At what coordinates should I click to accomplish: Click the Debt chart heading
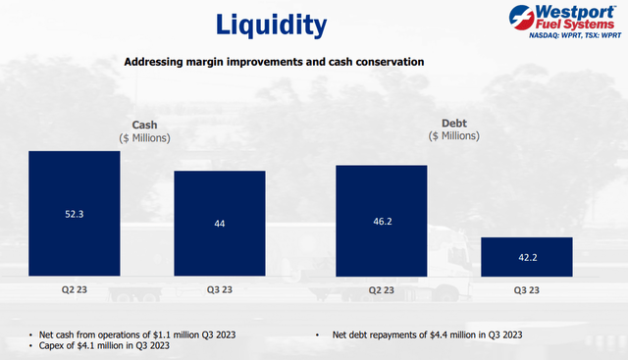[x=454, y=125]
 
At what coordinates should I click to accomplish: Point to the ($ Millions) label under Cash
[x=148, y=137]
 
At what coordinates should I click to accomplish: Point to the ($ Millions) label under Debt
[x=454, y=137]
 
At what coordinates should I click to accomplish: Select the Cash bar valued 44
[x=220, y=225]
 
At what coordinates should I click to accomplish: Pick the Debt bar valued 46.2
[x=382, y=222]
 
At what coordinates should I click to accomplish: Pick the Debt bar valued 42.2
[x=527, y=257]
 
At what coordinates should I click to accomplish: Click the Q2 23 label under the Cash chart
[x=75, y=290]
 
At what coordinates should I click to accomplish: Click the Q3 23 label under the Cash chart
[x=220, y=290]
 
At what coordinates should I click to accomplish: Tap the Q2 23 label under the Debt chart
[x=382, y=290]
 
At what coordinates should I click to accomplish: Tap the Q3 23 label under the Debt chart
[x=527, y=290]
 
